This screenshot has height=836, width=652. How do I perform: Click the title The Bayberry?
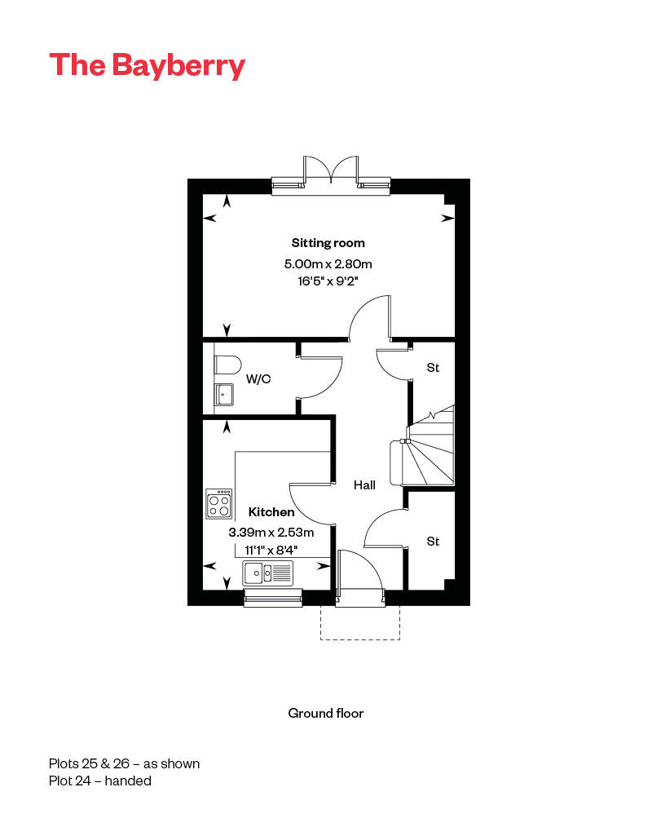(x=147, y=65)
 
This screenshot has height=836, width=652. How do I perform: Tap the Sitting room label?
(x=328, y=242)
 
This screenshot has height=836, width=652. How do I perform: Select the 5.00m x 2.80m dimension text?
(x=328, y=263)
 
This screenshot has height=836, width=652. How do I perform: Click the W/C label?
(x=258, y=379)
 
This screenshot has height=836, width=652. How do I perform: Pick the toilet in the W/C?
(x=227, y=364)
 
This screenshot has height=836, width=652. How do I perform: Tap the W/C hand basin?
(x=224, y=395)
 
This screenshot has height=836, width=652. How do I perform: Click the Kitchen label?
(x=271, y=512)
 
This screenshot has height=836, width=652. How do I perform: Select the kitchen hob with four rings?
(x=218, y=504)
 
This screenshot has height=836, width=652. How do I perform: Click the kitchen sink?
(x=267, y=573)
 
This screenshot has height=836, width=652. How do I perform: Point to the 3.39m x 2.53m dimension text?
(x=271, y=532)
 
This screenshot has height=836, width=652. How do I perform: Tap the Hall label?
(x=364, y=485)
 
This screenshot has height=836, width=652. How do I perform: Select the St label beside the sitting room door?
(x=433, y=368)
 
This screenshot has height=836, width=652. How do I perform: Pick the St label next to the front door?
(x=433, y=542)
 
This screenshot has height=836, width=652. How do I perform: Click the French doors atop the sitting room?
(x=330, y=174)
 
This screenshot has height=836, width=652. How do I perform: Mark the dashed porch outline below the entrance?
(x=359, y=624)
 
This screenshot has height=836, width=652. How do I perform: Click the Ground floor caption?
(x=325, y=713)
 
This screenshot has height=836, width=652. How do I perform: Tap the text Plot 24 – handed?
(x=99, y=781)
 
